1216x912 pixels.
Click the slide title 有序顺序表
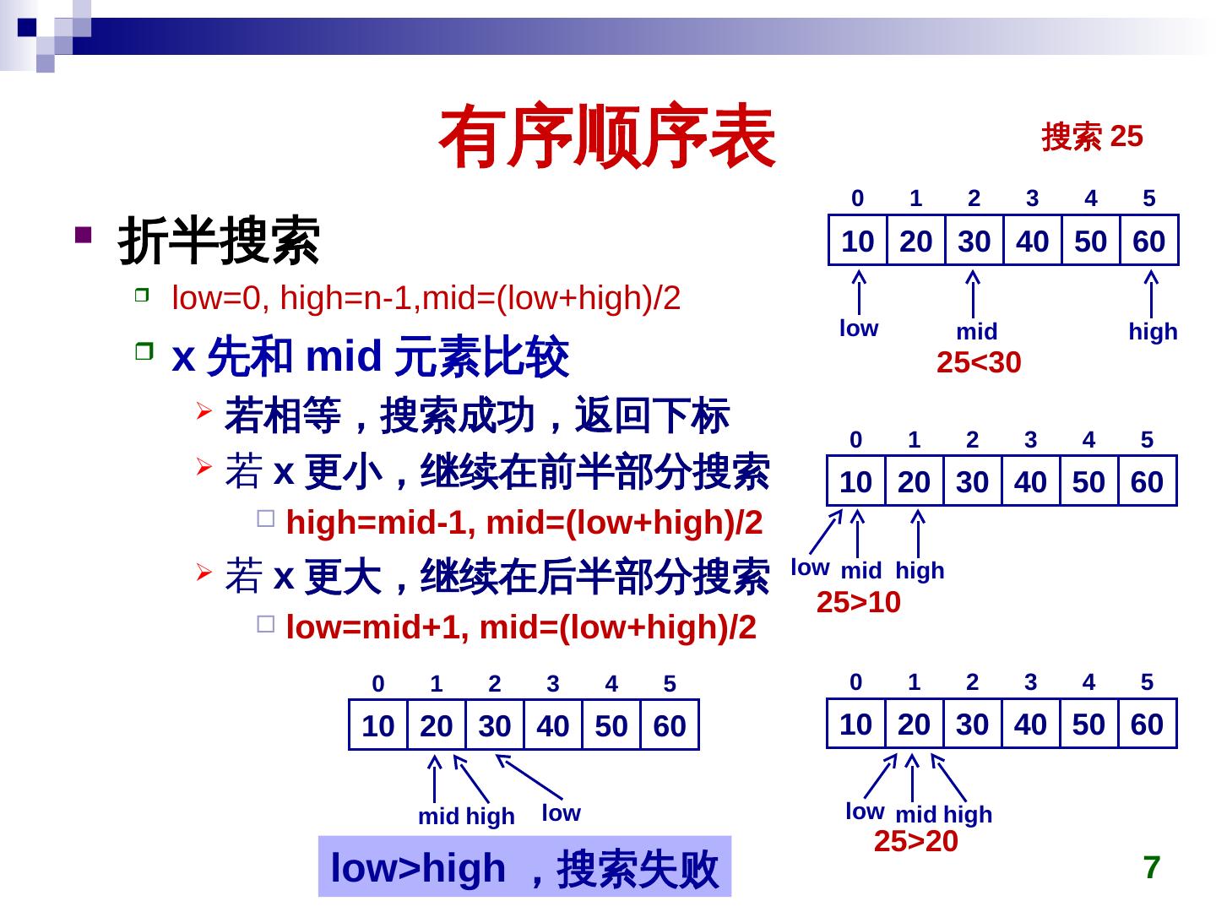pyautogui.click(x=607, y=138)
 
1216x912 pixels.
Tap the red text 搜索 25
pyautogui.click(x=1092, y=136)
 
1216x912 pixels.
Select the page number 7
pyautogui.click(x=1152, y=867)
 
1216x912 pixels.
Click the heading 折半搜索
pyautogui.click(x=219, y=240)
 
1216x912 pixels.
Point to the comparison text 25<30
pyautogui.click(x=979, y=363)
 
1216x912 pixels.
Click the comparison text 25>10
pyautogui.click(x=858, y=603)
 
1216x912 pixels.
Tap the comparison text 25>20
pyautogui.click(x=915, y=842)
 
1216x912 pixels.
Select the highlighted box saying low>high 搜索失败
pyautogui.click(x=524, y=867)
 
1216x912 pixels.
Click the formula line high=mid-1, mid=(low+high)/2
pyautogui.click(x=524, y=524)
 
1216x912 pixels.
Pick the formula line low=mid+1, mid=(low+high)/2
pyautogui.click(x=521, y=627)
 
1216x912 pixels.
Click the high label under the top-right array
pyautogui.click(x=1153, y=332)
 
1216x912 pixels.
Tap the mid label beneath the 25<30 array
pyautogui.click(x=976, y=332)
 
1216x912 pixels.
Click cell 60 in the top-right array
pyautogui.click(x=1148, y=242)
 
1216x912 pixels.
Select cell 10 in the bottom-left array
pyautogui.click(x=377, y=726)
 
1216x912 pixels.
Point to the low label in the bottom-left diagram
pyautogui.click(x=561, y=813)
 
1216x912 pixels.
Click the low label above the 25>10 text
pyautogui.click(x=809, y=567)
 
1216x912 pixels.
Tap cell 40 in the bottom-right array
pyautogui.click(x=1030, y=725)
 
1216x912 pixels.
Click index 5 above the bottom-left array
pyautogui.click(x=670, y=684)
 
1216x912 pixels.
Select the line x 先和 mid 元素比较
pyautogui.click(x=370, y=357)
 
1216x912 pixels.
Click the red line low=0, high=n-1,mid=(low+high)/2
pyautogui.click(x=426, y=298)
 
